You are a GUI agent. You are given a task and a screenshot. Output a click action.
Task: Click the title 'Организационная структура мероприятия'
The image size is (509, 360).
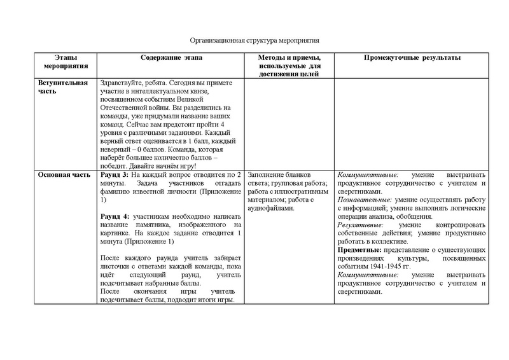coord(254,40)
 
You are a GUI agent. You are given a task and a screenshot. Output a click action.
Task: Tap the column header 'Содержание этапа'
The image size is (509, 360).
coord(169,58)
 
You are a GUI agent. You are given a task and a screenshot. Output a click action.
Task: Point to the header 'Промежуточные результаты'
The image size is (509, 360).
coord(412,58)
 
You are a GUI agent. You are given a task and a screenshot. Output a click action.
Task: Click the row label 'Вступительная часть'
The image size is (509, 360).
coord(62,87)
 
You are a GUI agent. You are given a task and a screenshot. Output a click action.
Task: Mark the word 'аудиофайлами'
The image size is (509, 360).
coord(270,208)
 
